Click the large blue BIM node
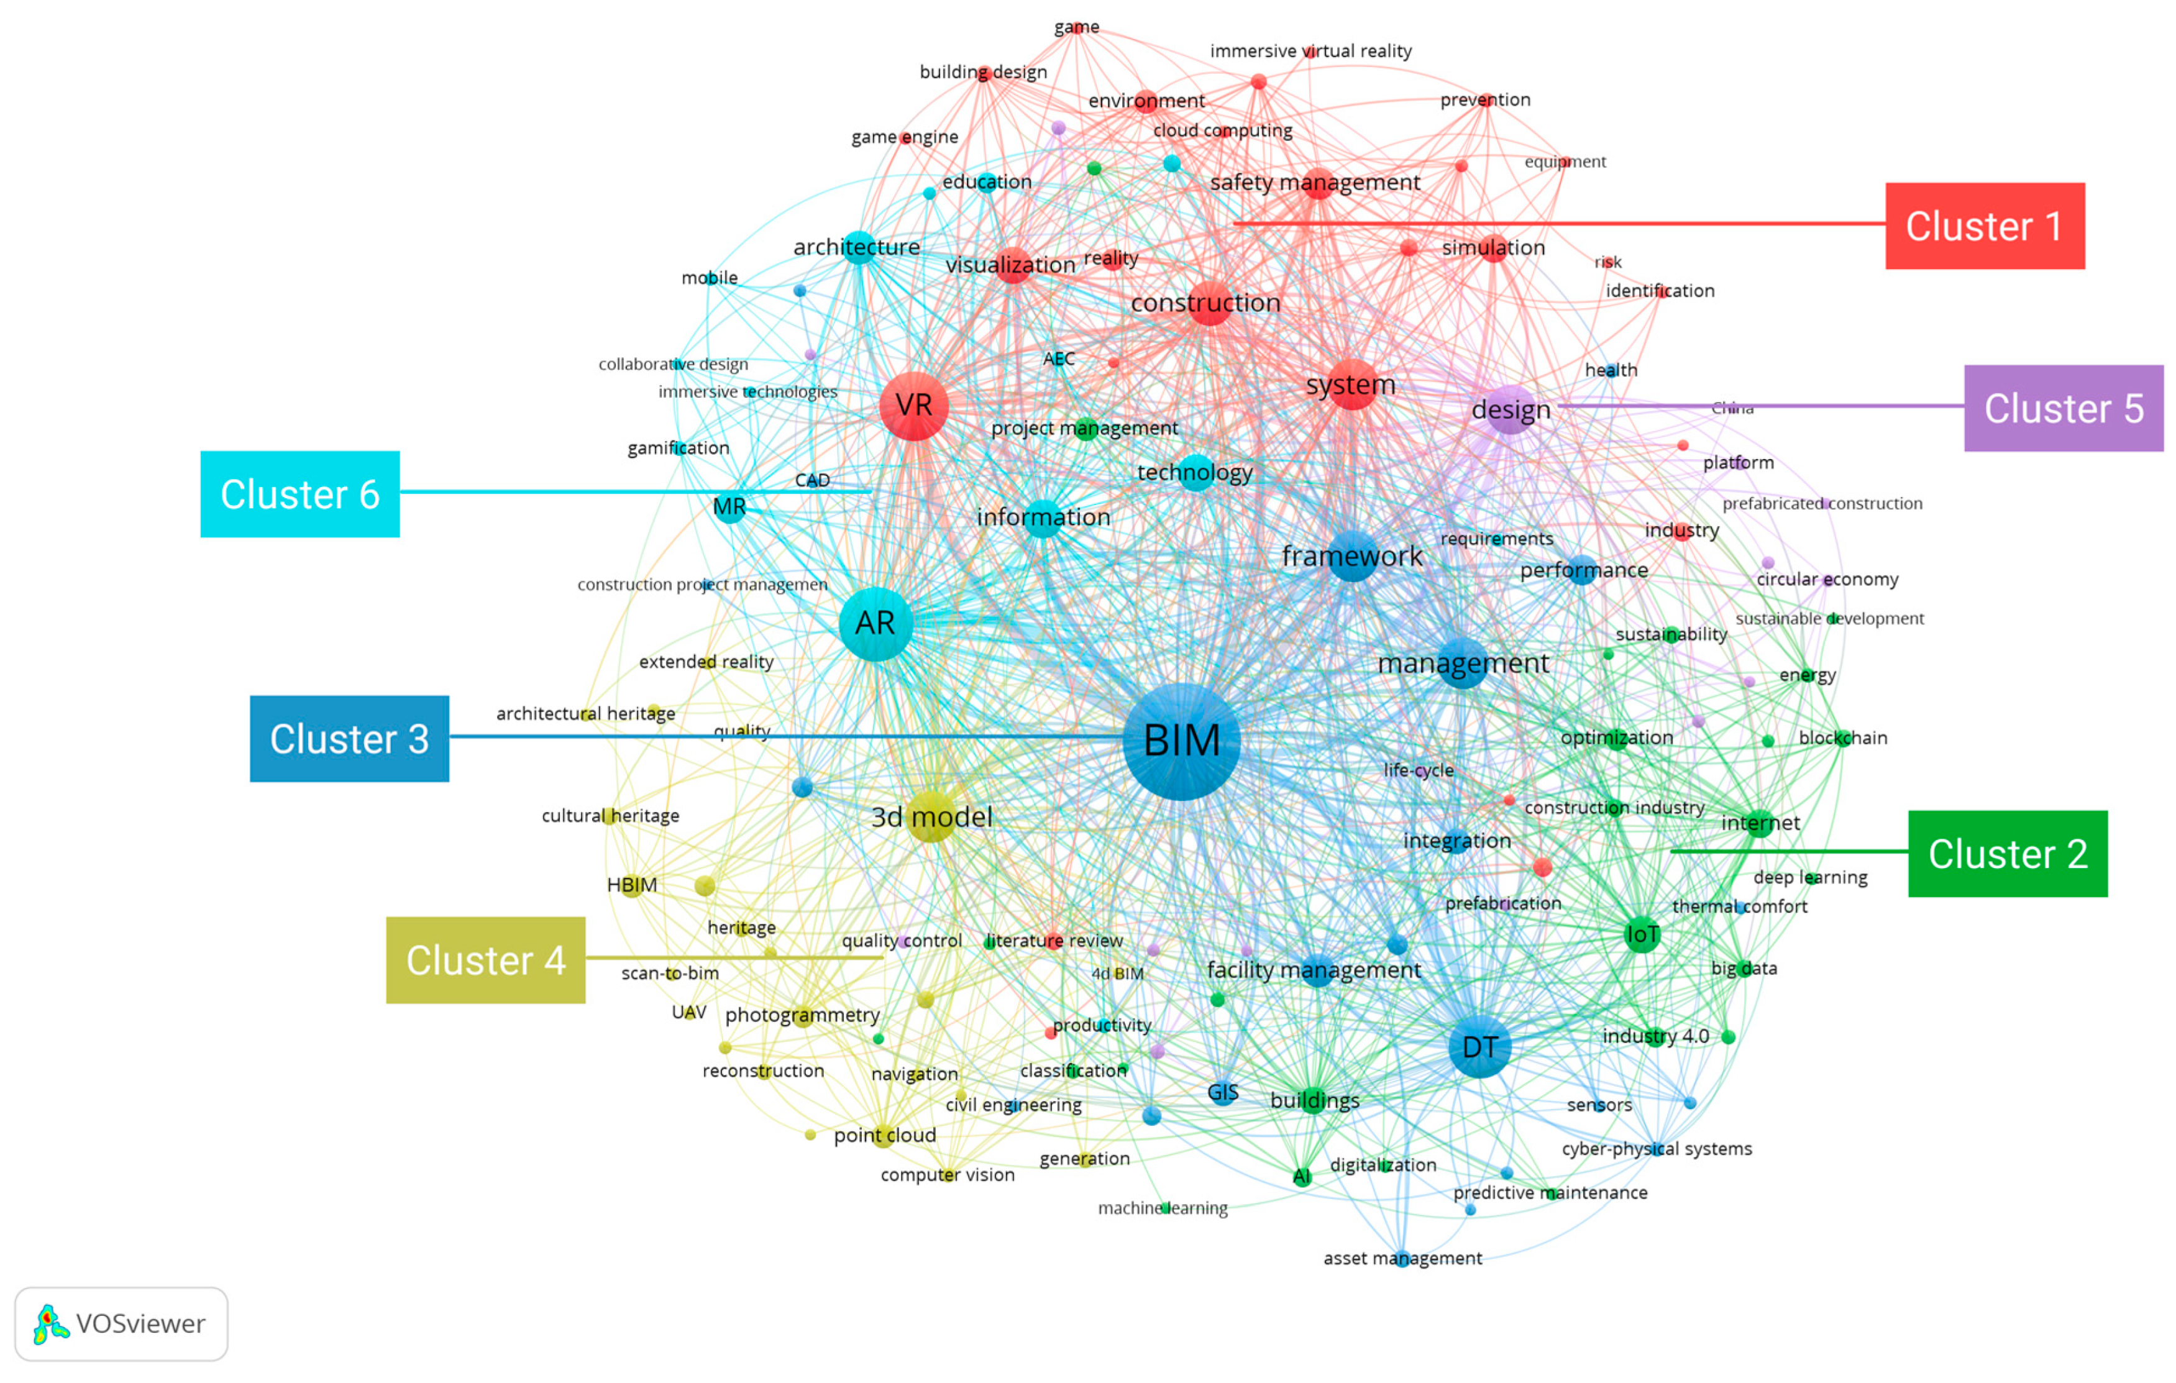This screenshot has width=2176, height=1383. click(1181, 741)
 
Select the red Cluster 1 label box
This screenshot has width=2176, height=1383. click(1985, 226)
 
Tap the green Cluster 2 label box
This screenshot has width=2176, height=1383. click(2007, 854)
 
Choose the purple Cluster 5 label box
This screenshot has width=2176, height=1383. click(2063, 408)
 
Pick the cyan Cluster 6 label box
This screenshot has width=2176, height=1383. click(300, 494)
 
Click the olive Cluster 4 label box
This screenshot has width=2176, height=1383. click(485, 961)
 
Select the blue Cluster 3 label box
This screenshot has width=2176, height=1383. click(349, 739)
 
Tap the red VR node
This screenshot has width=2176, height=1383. click(913, 406)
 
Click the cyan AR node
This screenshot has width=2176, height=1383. click(875, 623)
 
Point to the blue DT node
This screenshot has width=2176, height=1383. click(1479, 1047)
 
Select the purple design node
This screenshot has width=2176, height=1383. click(1510, 410)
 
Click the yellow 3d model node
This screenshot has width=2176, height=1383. click(931, 816)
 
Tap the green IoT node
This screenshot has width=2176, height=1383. click(1642, 934)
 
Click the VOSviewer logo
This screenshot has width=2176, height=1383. click(121, 1323)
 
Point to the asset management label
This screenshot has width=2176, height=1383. click(1402, 1258)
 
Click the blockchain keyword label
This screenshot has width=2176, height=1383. click(1842, 738)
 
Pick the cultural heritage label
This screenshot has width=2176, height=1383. click(610, 816)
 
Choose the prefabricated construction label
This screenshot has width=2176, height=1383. click(1822, 503)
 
